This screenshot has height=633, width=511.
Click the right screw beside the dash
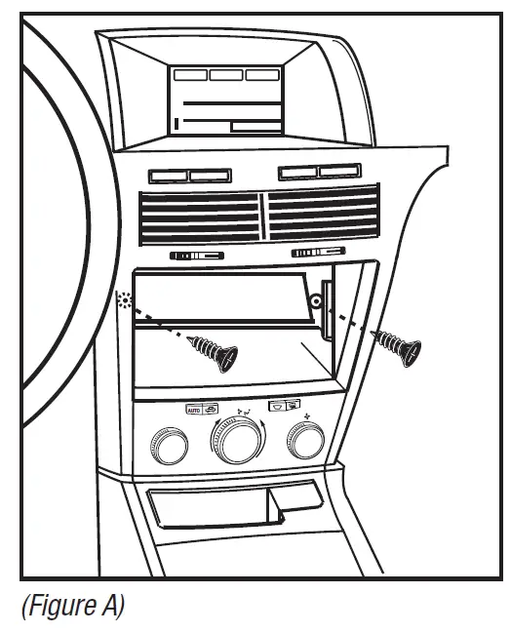pos(400,343)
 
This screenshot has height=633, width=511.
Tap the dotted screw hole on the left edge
pos(123,299)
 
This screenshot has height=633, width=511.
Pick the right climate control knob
pos(305,444)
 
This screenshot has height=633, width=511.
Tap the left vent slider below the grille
pos(198,257)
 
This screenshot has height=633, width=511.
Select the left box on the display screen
pos(189,74)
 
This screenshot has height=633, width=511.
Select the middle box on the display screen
pos(225,74)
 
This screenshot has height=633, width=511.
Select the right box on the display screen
pos(262,74)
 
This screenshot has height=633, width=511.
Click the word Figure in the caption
pos(61,606)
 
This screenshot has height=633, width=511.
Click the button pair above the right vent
pos(317,173)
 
